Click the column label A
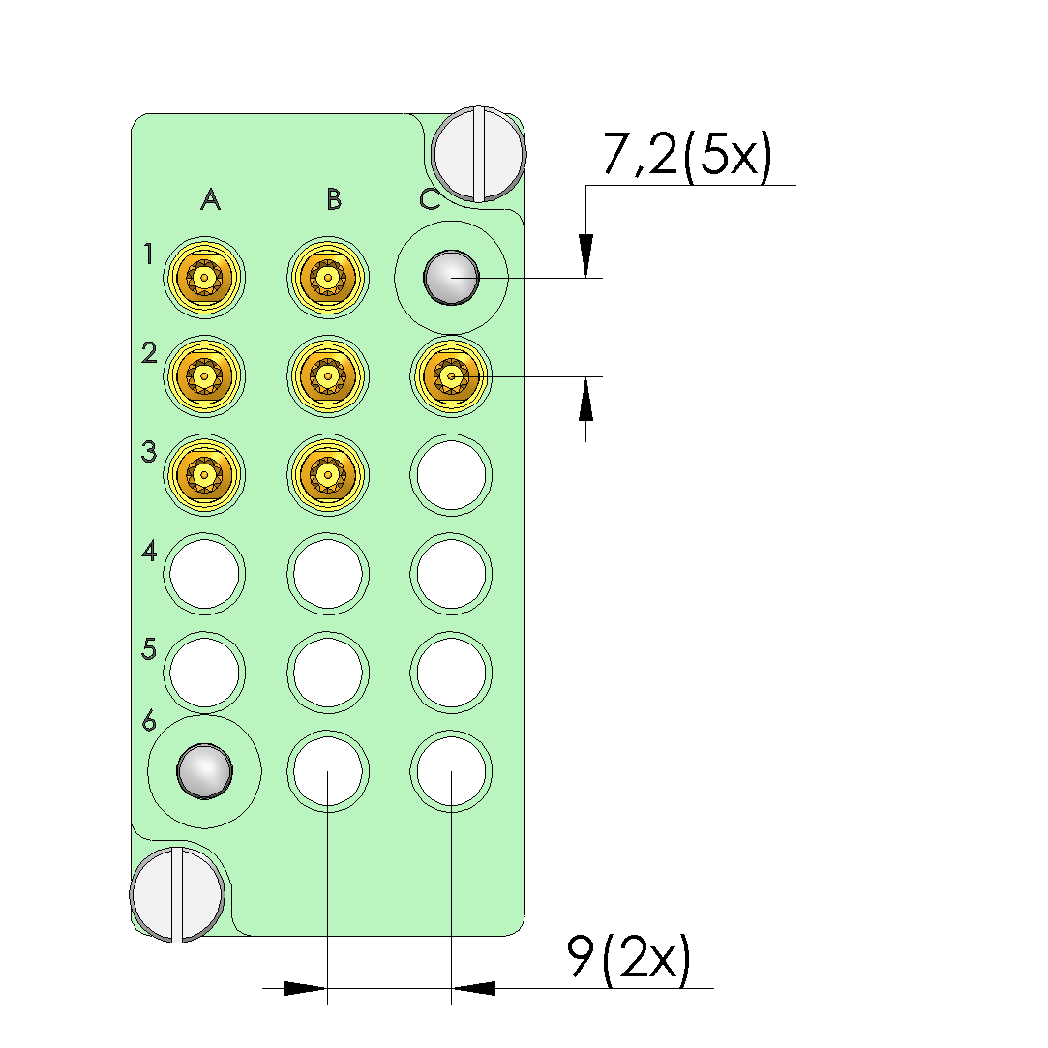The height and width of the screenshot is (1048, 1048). (x=211, y=199)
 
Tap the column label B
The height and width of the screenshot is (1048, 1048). (x=334, y=199)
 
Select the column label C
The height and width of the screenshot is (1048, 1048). (x=430, y=199)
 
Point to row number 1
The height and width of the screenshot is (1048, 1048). (x=148, y=254)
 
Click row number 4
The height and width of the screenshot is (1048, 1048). (x=149, y=552)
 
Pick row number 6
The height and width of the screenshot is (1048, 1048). (x=149, y=721)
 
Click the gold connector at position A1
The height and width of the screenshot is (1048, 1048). (x=204, y=278)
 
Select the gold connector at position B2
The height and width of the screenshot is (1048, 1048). (x=327, y=376)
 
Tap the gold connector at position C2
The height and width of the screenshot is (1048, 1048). (x=451, y=376)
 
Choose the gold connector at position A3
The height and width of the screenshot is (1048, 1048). (x=204, y=475)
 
